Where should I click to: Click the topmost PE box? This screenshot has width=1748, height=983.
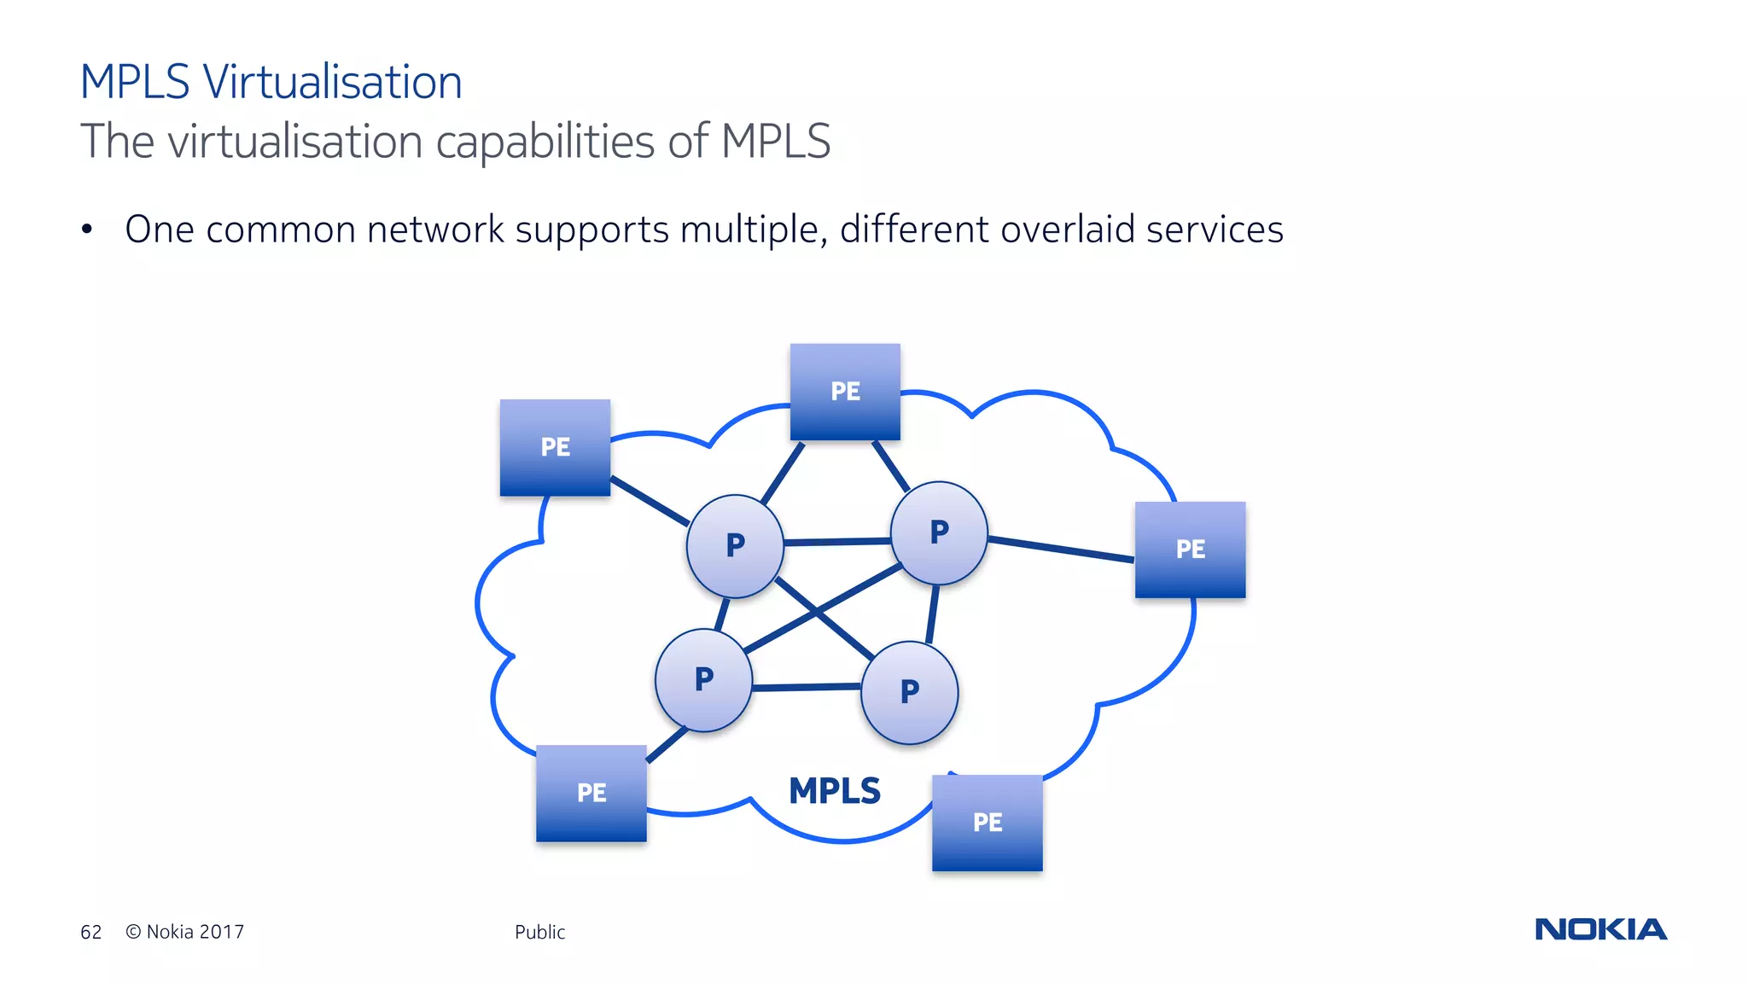(x=845, y=392)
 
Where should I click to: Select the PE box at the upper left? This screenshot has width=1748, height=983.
(x=555, y=447)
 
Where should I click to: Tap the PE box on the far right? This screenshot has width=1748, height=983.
(x=1190, y=550)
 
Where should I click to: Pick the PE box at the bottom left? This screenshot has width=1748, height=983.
(x=591, y=793)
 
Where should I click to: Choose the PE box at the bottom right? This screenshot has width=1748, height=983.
(x=987, y=823)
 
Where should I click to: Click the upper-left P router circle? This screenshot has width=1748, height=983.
(x=735, y=546)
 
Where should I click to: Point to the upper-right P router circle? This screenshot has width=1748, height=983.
(x=939, y=533)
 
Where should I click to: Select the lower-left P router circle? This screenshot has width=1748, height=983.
(x=703, y=680)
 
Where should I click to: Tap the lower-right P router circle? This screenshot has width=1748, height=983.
(x=909, y=692)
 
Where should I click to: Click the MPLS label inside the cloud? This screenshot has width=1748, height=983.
(x=834, y=791)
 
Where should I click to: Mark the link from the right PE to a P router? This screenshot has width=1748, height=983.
(x=1061, y=549)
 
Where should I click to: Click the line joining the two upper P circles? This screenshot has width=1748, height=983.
(x=836, y=541)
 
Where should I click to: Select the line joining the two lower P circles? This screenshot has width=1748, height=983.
(x=807, y=686)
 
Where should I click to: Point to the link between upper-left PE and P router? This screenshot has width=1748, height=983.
(x=649, y=501)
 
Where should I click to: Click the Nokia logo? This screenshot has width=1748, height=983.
(x=1600, y=929)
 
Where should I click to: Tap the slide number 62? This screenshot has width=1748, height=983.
(x=91, y=932)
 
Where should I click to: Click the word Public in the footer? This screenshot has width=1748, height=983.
(x=539, y=932)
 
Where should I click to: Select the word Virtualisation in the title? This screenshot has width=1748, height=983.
(x=332, y=82)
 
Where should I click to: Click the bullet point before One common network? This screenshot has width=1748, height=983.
(x=87, y=230)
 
